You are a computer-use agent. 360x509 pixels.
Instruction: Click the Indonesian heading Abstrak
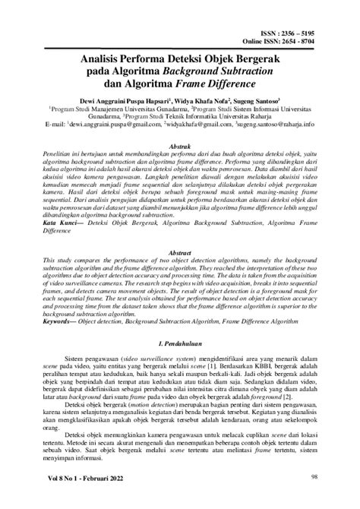[179, 146]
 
